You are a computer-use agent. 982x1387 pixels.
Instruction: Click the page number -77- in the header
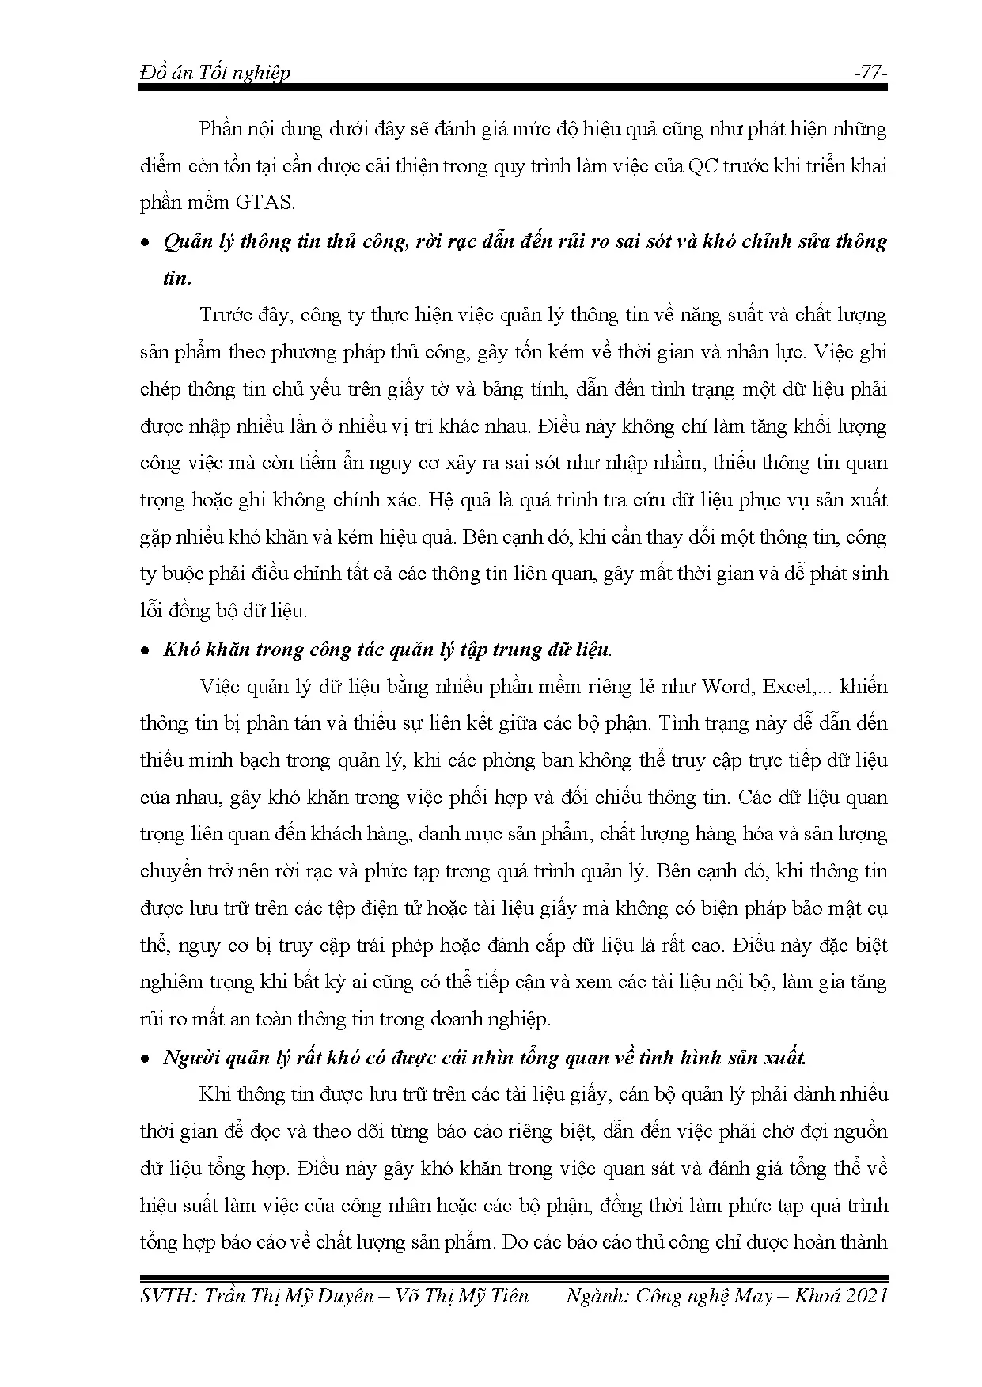(x=870, y=72)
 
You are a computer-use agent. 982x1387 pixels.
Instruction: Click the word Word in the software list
(x=727, y=686)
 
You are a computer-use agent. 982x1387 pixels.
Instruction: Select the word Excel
(x=787, y=686)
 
